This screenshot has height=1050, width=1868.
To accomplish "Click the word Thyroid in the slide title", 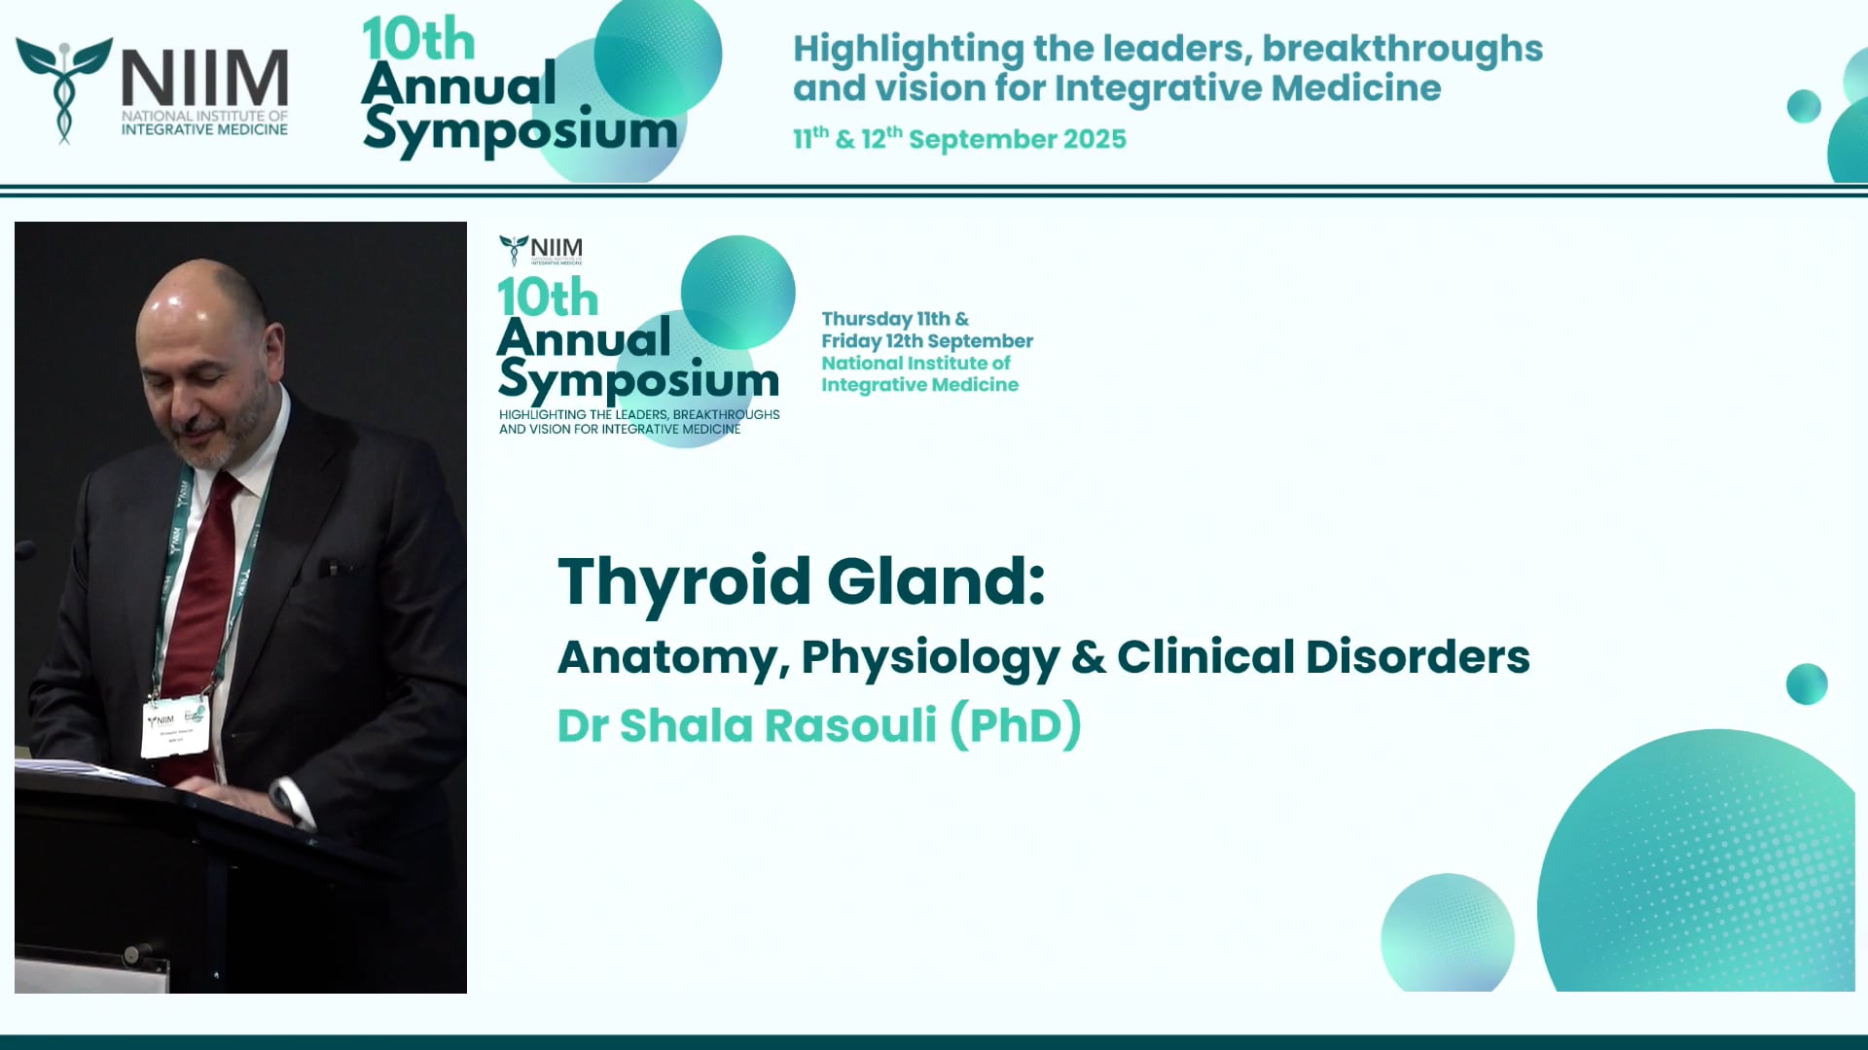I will click(x=683, y=581).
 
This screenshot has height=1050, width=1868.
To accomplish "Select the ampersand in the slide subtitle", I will click(x=1088, y=657).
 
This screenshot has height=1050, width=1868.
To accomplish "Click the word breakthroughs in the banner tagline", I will click(x=1402, y=49).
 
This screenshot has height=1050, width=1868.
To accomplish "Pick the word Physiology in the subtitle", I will click(x=930, y=657).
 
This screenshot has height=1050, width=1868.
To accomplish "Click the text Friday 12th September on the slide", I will click(x=926, y=341).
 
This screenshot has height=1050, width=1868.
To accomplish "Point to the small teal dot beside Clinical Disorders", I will click(x=1807, y=684).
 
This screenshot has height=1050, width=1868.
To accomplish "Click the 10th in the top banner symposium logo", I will click(x=418, y=41).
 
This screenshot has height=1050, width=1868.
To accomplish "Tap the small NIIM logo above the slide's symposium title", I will click(x=541, y=250).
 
